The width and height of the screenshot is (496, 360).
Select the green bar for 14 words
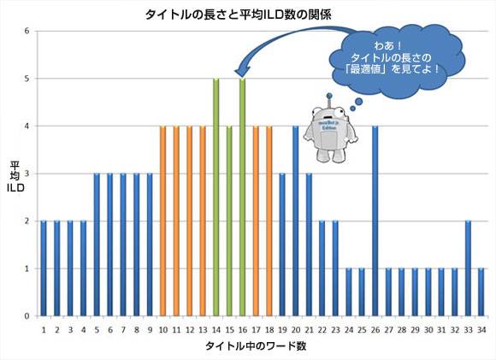coord(216,197)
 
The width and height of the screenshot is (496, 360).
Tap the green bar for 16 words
coord(243,197)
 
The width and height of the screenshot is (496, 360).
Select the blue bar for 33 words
coord(468,269)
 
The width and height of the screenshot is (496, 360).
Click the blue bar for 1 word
coord(44,269)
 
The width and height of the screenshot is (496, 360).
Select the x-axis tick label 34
coord(481,328)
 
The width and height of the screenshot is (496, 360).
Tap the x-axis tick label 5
coord(97,328)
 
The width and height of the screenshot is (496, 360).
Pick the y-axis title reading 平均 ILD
coord(15,174)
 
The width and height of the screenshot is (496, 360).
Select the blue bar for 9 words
coord(150,245)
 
